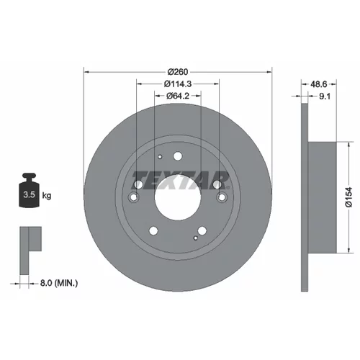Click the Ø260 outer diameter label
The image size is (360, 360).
[x=178, y=72]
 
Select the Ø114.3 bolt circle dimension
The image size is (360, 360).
[x=178, y=84]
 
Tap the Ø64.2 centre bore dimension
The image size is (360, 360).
[x=178, y=96]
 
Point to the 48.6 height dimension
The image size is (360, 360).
[x=319, y=84]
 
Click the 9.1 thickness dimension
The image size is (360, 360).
[x=325, y=96]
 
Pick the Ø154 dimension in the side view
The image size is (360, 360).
[x=348, y=197]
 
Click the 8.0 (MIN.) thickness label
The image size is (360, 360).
[x=59, y=283]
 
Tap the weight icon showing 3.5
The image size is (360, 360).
[x=29, y=190]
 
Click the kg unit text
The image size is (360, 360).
[x=47, y=196]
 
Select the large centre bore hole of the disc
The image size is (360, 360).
[x=178, y=197]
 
